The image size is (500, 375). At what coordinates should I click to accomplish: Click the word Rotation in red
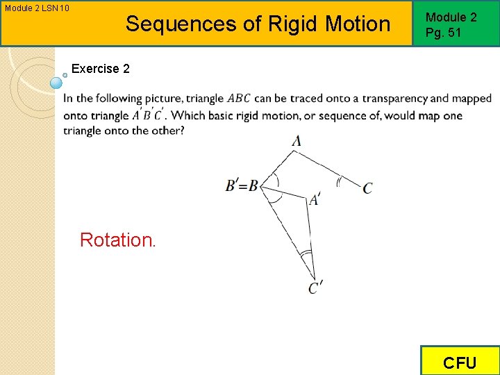tap(117, 240)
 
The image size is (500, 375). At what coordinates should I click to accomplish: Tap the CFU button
tap(460, 362)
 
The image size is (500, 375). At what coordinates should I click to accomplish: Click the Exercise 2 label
tap(101, 69)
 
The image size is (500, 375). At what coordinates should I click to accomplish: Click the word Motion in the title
tap(356, 24)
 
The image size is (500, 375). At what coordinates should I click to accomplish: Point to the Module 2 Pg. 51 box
tap(456, 24)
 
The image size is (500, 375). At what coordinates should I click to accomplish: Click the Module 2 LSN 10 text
tap(35, 8)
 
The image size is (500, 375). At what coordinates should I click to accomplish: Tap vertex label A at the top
tap(297, 141)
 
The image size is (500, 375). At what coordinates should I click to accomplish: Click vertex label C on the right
tap(367, 188)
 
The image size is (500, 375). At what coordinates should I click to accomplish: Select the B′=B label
tap(242, 185)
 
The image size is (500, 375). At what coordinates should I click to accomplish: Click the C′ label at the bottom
tap(316, 287)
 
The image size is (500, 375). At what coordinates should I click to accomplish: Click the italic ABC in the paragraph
tap(239, 99)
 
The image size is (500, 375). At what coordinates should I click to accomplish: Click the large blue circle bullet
tap(56, 83)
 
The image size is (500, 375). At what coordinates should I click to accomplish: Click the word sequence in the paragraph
tap(356, 115)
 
